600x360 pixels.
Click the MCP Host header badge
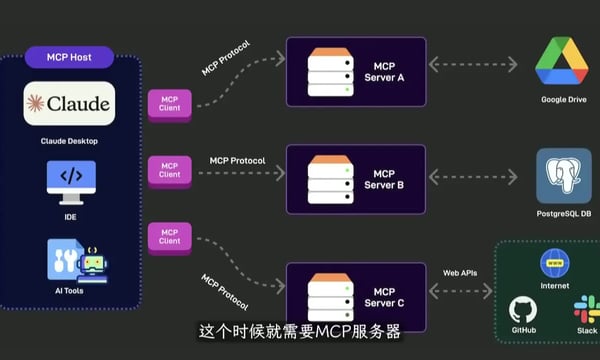coord(69,57)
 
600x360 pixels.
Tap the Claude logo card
coord(69,103)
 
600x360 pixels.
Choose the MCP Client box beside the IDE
coord(170,171)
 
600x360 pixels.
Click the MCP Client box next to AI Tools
coord(170,236)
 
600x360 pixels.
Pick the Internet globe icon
coord(555,263)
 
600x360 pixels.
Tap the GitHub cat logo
coord(522,309)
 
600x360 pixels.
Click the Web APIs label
coord(462,272)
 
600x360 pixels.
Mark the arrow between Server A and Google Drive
coord(472,64)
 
